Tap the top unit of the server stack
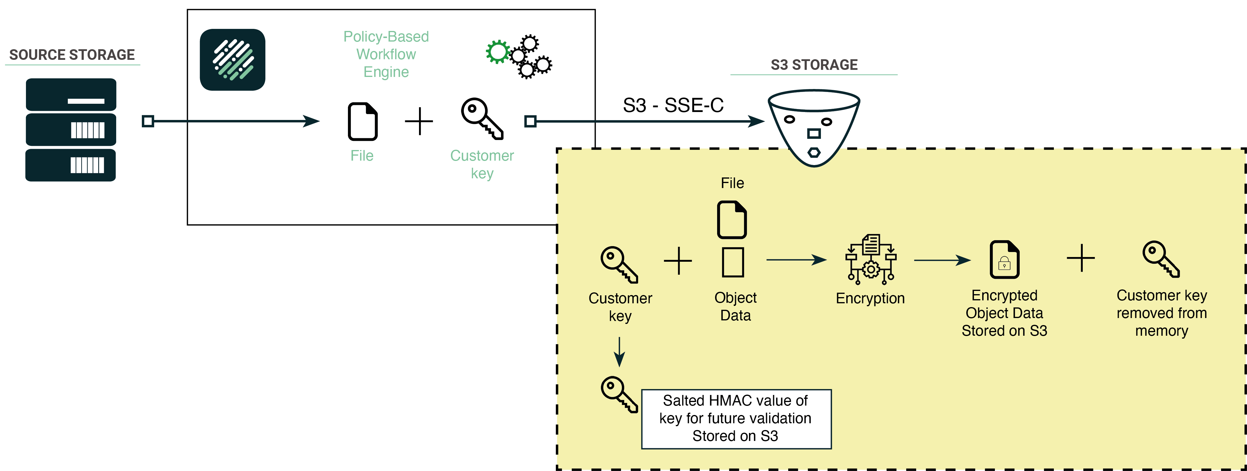[71, 94]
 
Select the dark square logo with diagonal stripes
[232, 60]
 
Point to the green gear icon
[497, 51]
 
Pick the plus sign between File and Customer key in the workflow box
[419, 121]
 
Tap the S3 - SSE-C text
[673, 105]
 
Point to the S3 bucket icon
[814, 127]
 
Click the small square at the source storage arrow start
[148, 121]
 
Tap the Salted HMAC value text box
[736, 419]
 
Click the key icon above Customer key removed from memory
[1161, 259]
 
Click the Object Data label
[735, 307]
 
